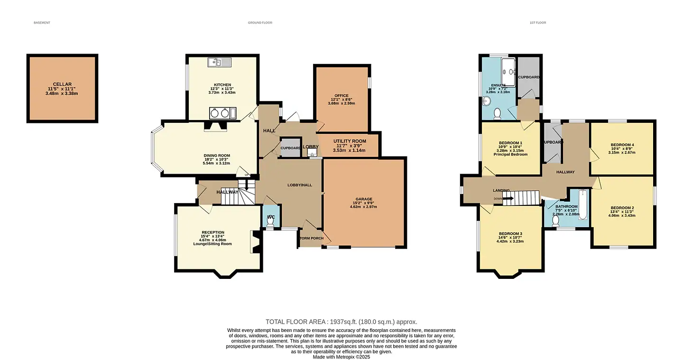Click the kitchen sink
[x=219, y=62]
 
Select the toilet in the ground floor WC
[x=270, y=225]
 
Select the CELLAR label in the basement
[x=62, y=84]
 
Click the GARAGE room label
[x=364, y=199]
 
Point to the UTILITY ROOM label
[x=350, y=141]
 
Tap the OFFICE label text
[x=341, y=96]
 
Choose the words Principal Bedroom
[x=510, y=154]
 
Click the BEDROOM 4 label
[x=622, y=145]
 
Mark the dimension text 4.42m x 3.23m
[x=510, y=241]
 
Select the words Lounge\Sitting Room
[x=212, y=244]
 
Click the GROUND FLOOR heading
[x=260, y=23]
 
